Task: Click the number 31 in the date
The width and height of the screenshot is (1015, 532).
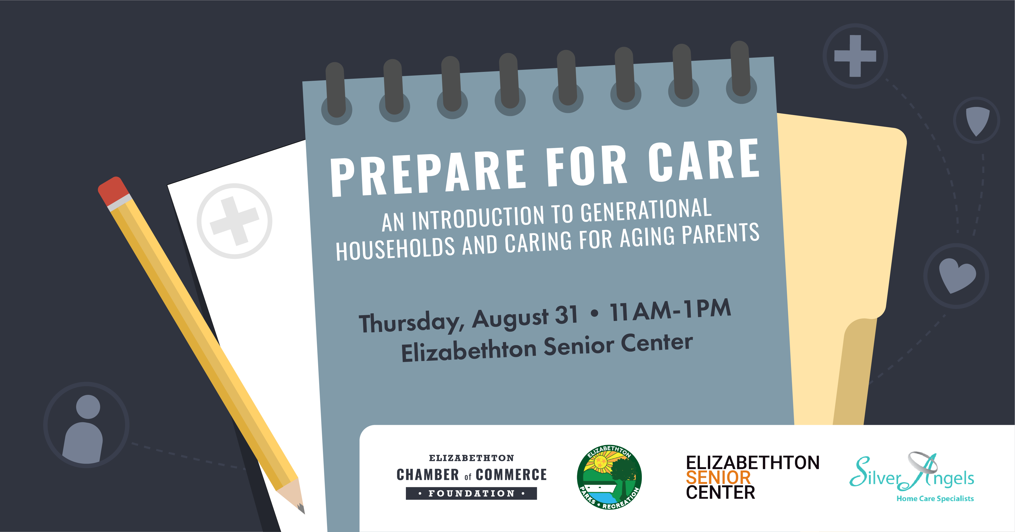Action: (x=566, y=315)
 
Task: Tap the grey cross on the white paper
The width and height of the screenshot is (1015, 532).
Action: (x=234, y=221)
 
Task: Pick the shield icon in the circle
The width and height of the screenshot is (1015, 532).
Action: (x=977, y=121)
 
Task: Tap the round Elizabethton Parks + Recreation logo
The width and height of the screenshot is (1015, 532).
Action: (x=609, y=477)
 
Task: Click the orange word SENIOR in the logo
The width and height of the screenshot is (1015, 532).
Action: (x=718, y=478)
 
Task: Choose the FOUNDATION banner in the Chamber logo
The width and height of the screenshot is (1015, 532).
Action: (x=471, y=493)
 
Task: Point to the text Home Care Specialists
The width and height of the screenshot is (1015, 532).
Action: (x=935, y=498)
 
